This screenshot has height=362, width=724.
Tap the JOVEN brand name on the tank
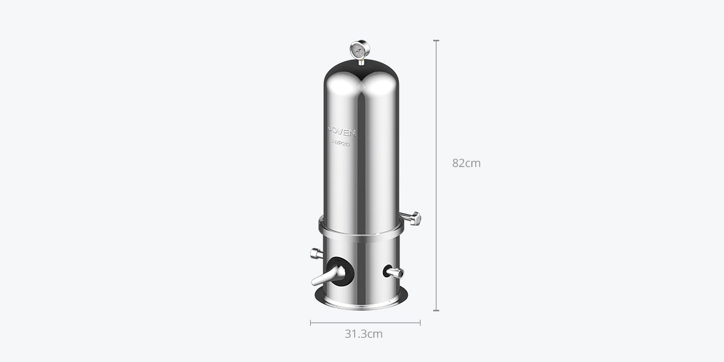pyautogui.click(x=342, y=130)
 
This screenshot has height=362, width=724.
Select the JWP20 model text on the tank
pyautogui.click(x=341, y=144)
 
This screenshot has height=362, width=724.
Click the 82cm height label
pyautogui.click(x=466, y=163)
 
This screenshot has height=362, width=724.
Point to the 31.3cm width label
pyautogui.click(x=363, y=334)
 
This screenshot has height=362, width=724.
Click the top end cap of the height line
pyautogui.click(x=436, y=40)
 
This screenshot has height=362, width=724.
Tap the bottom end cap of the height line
pyautogui.click(x=436, y=311)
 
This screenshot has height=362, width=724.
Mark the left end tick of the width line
pyautogui.click(x=311, y=323)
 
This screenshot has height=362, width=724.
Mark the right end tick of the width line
pyautogui.click(x=421, y=323)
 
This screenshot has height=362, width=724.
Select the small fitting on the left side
pyautogui.click(x=316, y=253)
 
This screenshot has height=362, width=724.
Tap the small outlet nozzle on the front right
pyautogui.click(x=394, y=273)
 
